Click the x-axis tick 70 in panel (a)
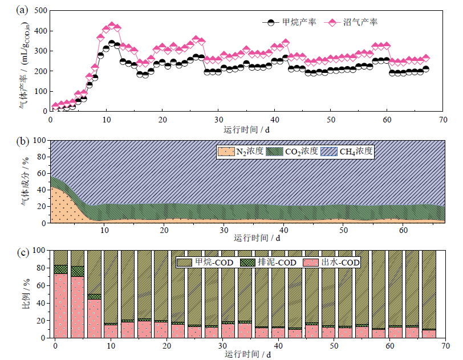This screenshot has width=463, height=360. pos(442,119)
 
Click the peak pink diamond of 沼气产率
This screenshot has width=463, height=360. pos(112,26)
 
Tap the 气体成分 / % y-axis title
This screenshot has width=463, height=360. pos(23,181)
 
